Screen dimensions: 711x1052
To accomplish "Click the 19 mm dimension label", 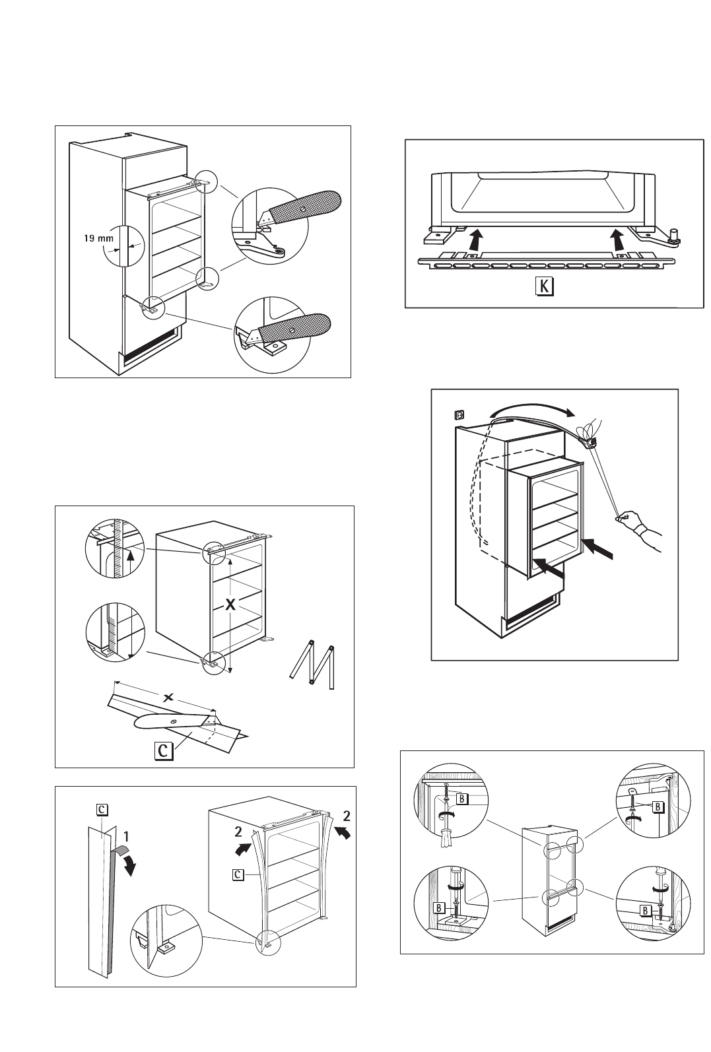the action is click(98, 238).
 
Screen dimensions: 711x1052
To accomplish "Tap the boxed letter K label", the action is click(545, 286).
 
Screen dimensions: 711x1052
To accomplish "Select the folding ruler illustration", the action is click(312, 664).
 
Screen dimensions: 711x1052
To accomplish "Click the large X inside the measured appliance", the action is click(230, 605).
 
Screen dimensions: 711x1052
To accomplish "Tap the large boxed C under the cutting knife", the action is click(164, 750).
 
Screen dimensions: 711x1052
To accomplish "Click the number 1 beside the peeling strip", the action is click(126, 836).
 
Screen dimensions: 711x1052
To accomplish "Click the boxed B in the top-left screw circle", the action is click(462, 799).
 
